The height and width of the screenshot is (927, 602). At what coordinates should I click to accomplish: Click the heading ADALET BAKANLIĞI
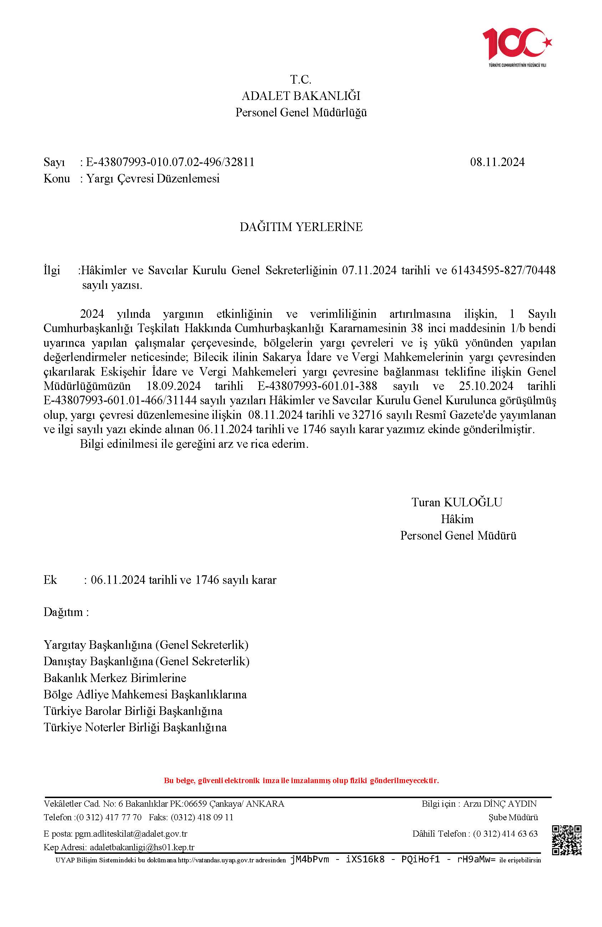[301, 96]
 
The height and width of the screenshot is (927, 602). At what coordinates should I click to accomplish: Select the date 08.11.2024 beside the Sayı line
[497, 162]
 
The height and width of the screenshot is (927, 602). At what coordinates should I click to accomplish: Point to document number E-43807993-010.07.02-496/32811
[170, 162]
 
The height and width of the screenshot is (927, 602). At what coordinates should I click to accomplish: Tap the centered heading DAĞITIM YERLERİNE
[301, 227]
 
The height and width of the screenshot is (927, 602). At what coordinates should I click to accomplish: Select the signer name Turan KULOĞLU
[457, 502]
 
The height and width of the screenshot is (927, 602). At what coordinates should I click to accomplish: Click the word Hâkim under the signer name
[457, 519]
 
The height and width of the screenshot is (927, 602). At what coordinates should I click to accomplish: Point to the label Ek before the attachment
[50, 580]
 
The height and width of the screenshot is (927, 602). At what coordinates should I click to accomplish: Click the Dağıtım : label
[66, 612]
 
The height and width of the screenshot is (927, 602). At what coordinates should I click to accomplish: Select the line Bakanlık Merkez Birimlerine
[115, 678]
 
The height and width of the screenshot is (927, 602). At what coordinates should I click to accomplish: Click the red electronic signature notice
[301, 781]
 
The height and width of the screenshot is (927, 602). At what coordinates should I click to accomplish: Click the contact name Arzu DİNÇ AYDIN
[500, 803]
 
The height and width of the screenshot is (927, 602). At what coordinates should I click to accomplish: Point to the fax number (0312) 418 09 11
[202, 817]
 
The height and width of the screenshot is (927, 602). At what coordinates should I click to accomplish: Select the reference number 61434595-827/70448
[503, 270]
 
